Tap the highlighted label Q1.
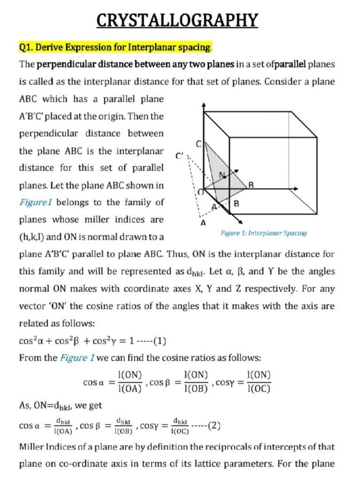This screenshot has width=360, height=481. click(27, 48)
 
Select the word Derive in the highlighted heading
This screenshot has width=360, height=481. click(54, 48)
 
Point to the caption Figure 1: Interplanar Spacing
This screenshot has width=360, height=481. click(263, 233)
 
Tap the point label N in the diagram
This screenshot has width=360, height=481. click(221, 175)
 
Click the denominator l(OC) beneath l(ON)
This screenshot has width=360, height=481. click(259, 389)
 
